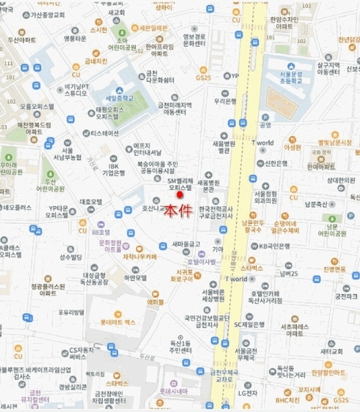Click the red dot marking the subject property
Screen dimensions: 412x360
click(181, 195)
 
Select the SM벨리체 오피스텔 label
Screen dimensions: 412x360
click(181, 183)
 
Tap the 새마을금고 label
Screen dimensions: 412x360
click(186, 244)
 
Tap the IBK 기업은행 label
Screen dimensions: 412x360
click(113, 169)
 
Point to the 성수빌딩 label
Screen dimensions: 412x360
click(70, 257)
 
